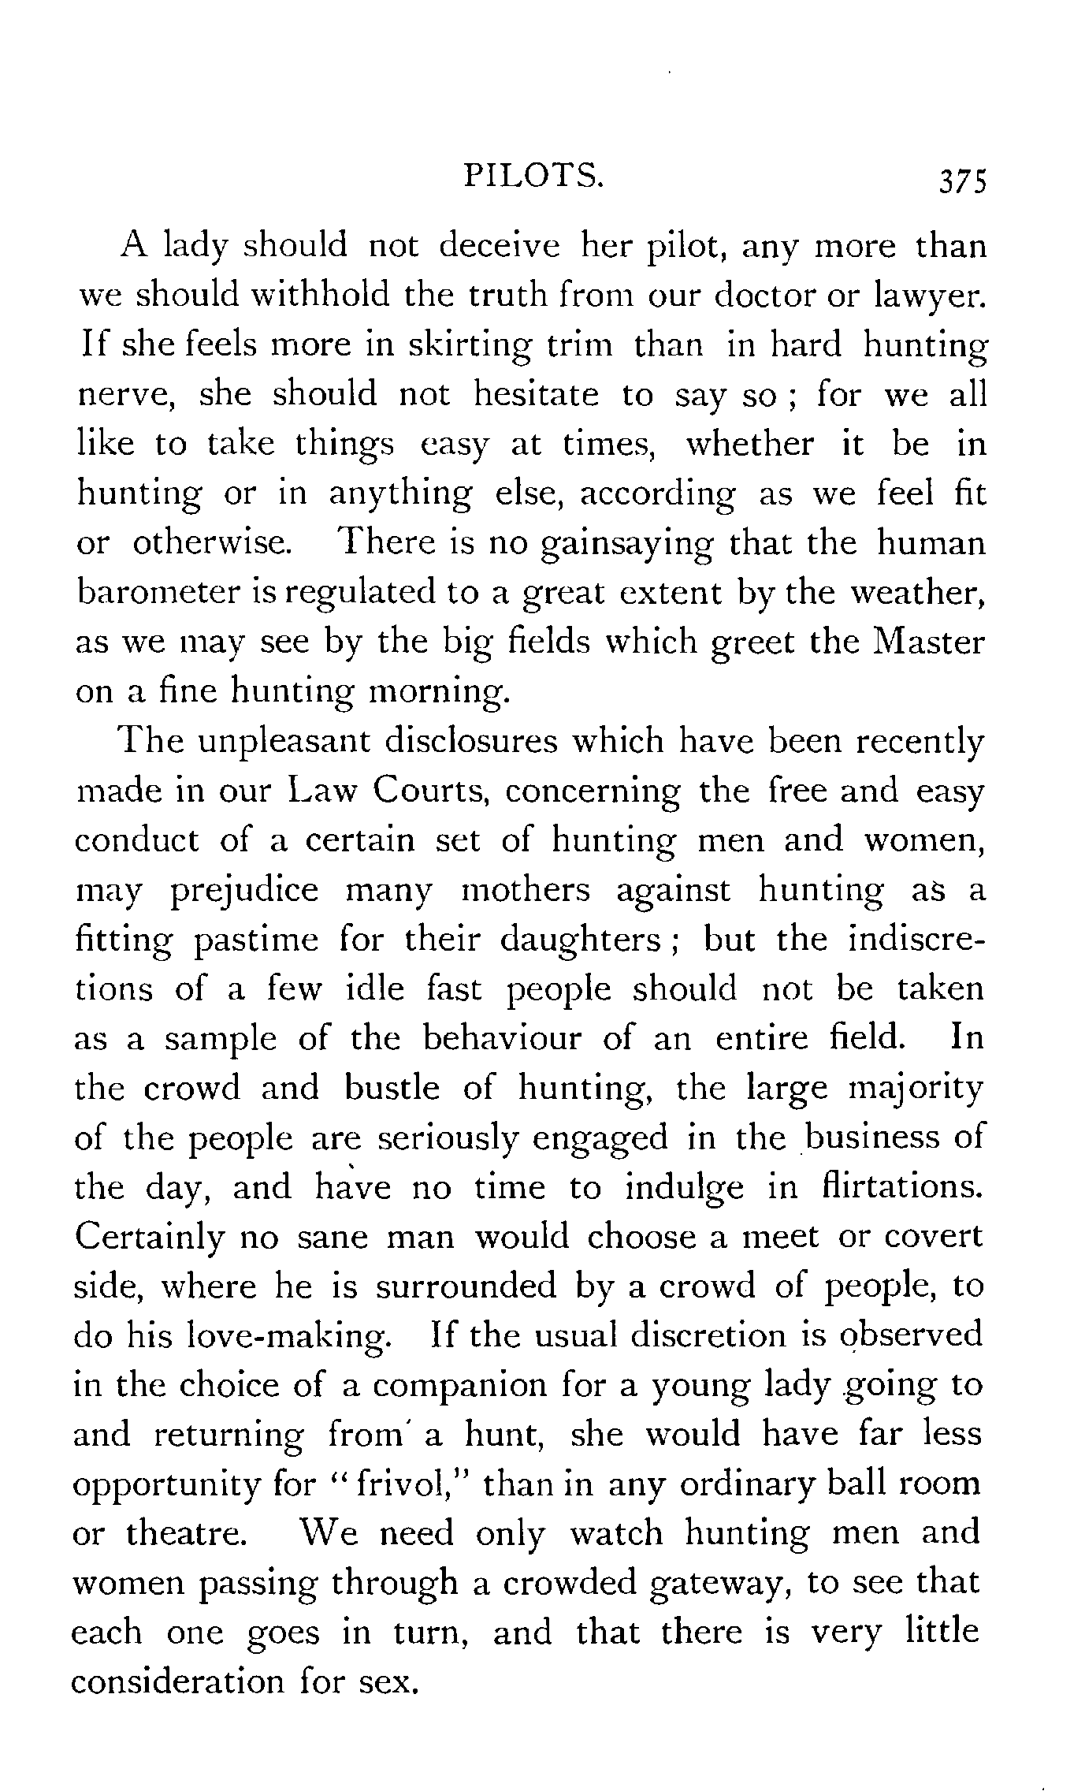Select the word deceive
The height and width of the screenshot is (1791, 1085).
[500, 246]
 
